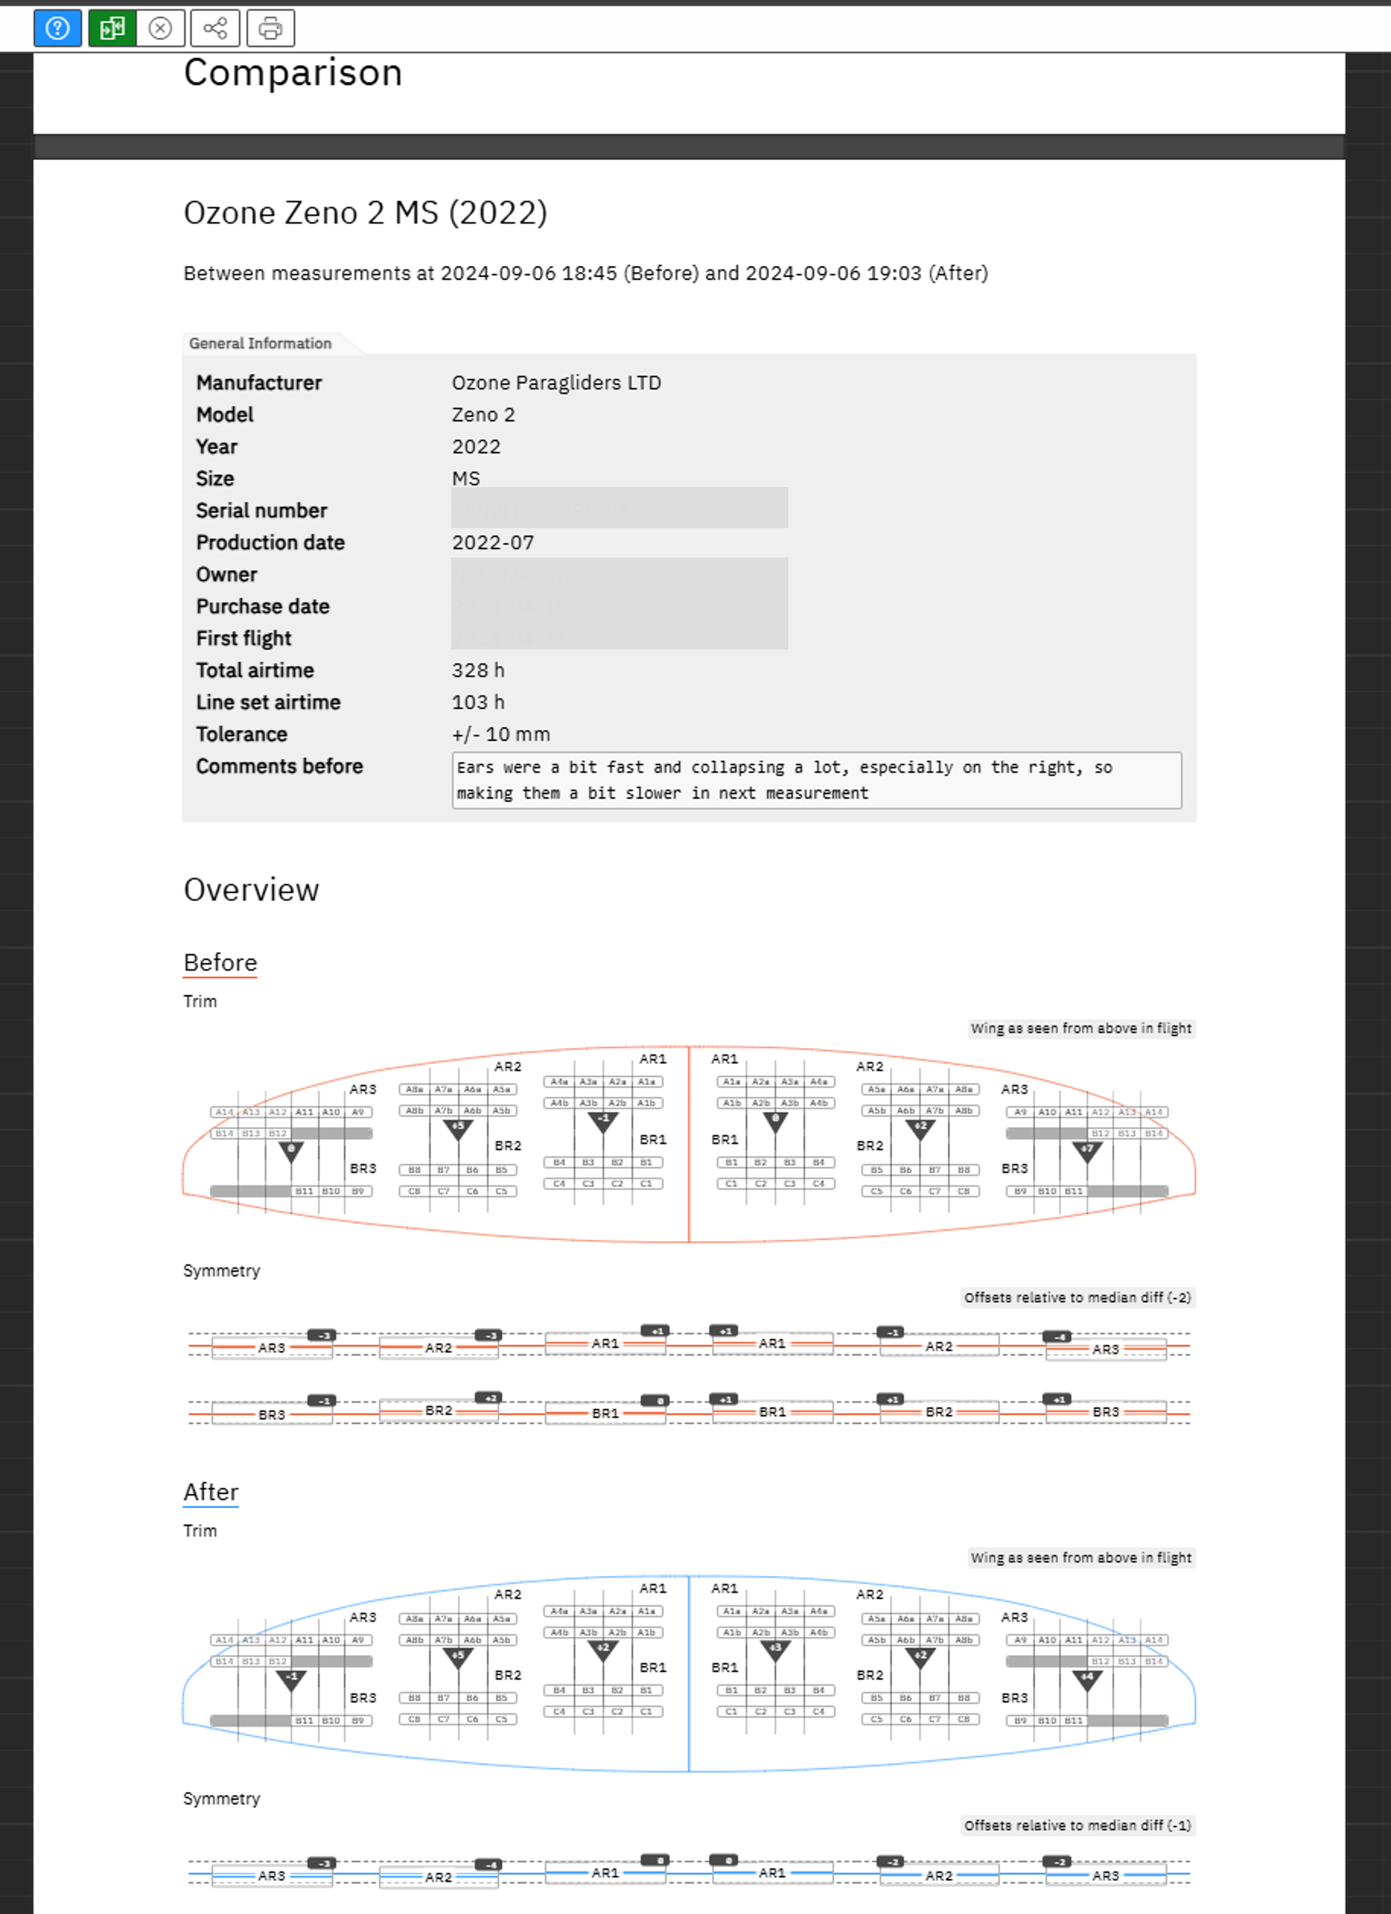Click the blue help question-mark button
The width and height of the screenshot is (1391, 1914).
tap(57, 29)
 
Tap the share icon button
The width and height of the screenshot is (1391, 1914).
tap(215, 29)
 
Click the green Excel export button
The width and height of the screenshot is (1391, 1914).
tap(112, 29)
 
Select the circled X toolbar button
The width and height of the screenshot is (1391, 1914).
tap(160, 29)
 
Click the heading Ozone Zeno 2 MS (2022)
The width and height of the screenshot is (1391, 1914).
tap(365, 213)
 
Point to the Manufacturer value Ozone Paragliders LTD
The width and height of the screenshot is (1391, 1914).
tap(556, 382)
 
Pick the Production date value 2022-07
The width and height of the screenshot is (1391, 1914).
tap(493, 543)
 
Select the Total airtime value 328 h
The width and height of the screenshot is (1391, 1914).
tap(478, 670)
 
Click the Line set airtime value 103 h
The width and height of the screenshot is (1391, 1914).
tap(478, 702)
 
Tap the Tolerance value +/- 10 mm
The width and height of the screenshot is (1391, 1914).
tap(501, 734)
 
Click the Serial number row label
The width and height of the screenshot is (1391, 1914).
tap(261, 510)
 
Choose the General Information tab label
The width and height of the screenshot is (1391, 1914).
tap(260, 343)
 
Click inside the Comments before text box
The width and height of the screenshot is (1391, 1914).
tap(815, 780)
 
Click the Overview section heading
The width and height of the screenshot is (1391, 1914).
tap(251, 890)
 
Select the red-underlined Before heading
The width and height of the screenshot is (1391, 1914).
tap(220, 963)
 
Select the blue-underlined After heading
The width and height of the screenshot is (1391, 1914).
tap(211, 1492)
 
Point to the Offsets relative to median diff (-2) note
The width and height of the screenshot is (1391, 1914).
tap(1077, 1297)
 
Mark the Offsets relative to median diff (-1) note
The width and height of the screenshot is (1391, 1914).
tap(1077, 1825)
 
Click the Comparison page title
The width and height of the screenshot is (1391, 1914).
tap(293, 73)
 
